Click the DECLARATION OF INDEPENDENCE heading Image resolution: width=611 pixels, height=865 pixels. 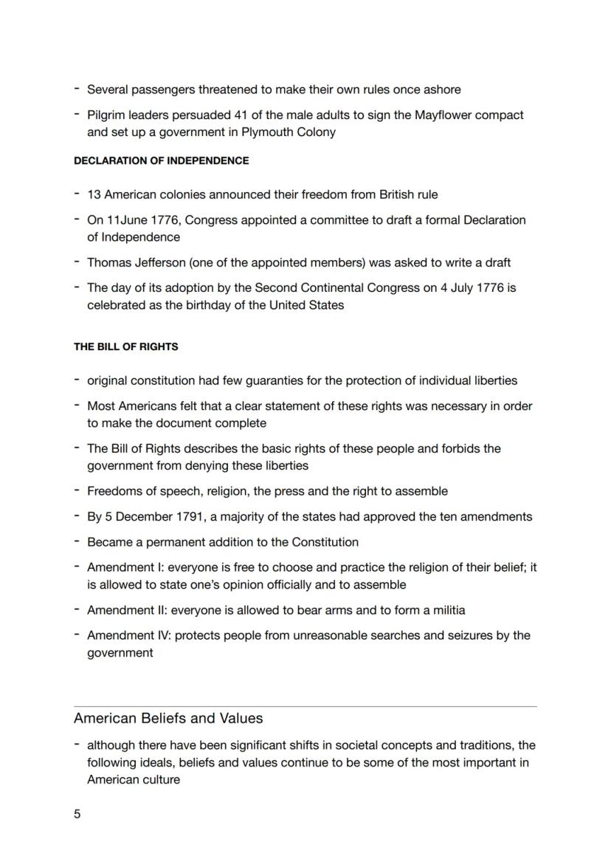(161, 160)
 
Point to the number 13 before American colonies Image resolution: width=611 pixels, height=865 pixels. (94, 195)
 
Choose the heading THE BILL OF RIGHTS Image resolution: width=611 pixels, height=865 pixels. (125, 346)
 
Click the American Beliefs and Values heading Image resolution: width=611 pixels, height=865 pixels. (168, 718)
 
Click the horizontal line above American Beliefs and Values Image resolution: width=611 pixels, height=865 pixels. (305, 707)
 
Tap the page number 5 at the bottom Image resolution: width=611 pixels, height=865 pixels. (77, 814)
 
